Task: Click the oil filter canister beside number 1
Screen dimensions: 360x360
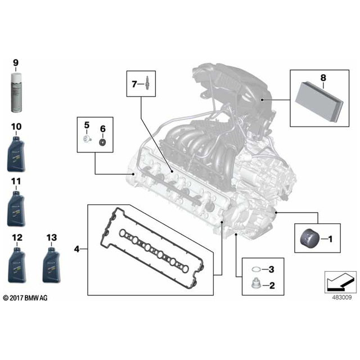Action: click(310, 238)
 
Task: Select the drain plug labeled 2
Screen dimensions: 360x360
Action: click(255, 283)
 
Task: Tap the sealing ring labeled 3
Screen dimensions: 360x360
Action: click(256, 269)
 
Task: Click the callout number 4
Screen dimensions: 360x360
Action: click(76, 249)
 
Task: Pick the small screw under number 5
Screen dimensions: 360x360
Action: click(87, 139)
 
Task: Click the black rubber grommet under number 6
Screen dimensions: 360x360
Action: click(102, 142)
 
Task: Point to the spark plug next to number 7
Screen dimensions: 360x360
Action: click(146, 84)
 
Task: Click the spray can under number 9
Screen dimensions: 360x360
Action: click(16, 92)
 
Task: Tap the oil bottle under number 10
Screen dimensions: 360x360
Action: click(16, 154)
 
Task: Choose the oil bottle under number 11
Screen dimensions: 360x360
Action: click(16, 209)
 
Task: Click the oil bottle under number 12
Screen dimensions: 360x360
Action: click(17, 265)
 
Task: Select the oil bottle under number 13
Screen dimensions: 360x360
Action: click(51, 265)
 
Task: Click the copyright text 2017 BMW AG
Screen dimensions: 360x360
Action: click(25, 298)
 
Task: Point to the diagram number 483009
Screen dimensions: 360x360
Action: click(342, 298)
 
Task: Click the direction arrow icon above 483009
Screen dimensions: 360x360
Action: click(340, 281)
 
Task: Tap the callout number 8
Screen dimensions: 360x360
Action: click(323, 78)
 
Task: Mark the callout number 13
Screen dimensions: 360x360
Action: click(52, 237)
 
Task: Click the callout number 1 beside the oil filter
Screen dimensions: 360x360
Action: click(330, 239)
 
